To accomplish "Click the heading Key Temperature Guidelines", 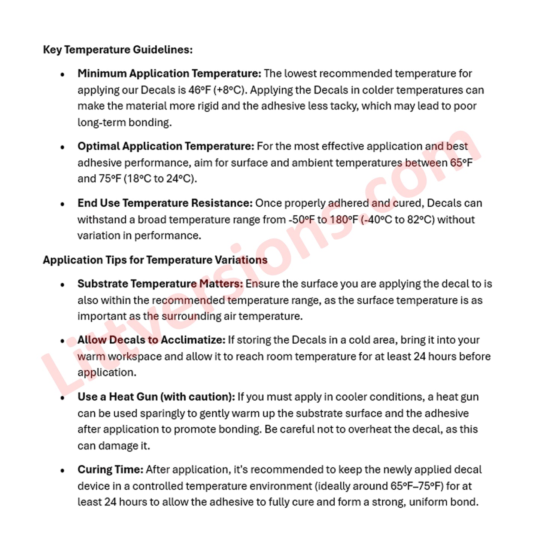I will click(118, 50).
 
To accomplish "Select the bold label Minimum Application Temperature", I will click(169, 73).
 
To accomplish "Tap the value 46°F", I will click(200, 90).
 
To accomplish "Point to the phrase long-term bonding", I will click(124, 123).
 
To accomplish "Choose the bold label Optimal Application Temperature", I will click(166, 146).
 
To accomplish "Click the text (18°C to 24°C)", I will click(160, 179).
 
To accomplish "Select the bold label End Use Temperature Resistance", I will click(165, 203).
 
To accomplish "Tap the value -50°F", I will click(301, 220).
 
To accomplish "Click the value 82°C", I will click(421, 220).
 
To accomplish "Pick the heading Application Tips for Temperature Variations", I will click(155, 260).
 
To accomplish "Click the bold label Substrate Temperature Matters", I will click(160, 284).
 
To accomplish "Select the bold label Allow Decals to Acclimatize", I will click(151, 340).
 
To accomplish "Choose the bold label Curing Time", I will click(110, 470).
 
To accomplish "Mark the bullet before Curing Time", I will click(63, 471).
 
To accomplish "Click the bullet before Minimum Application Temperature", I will click(63, 74).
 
